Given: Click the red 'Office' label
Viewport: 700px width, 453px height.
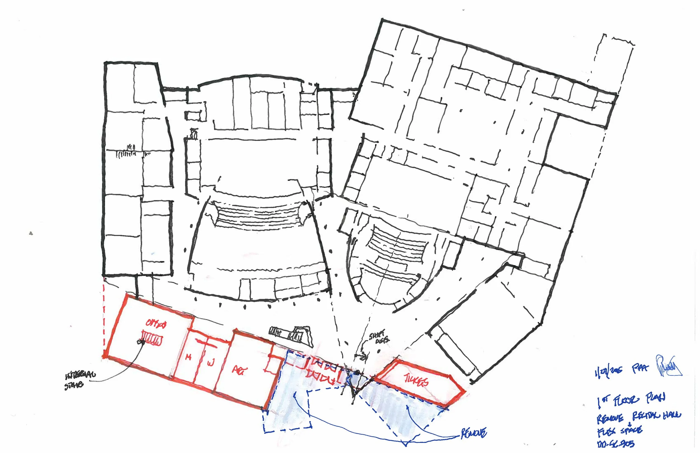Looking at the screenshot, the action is click(156, 324).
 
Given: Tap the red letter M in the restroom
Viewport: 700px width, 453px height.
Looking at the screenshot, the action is click(188, 358).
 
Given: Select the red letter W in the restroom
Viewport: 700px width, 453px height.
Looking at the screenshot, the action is click(211, 363).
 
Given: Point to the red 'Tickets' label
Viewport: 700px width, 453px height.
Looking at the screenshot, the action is click(416, 381).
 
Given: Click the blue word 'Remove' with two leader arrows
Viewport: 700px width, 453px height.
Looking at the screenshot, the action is click(473, 433).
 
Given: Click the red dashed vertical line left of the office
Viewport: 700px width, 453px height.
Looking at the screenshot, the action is click(104, 318).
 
